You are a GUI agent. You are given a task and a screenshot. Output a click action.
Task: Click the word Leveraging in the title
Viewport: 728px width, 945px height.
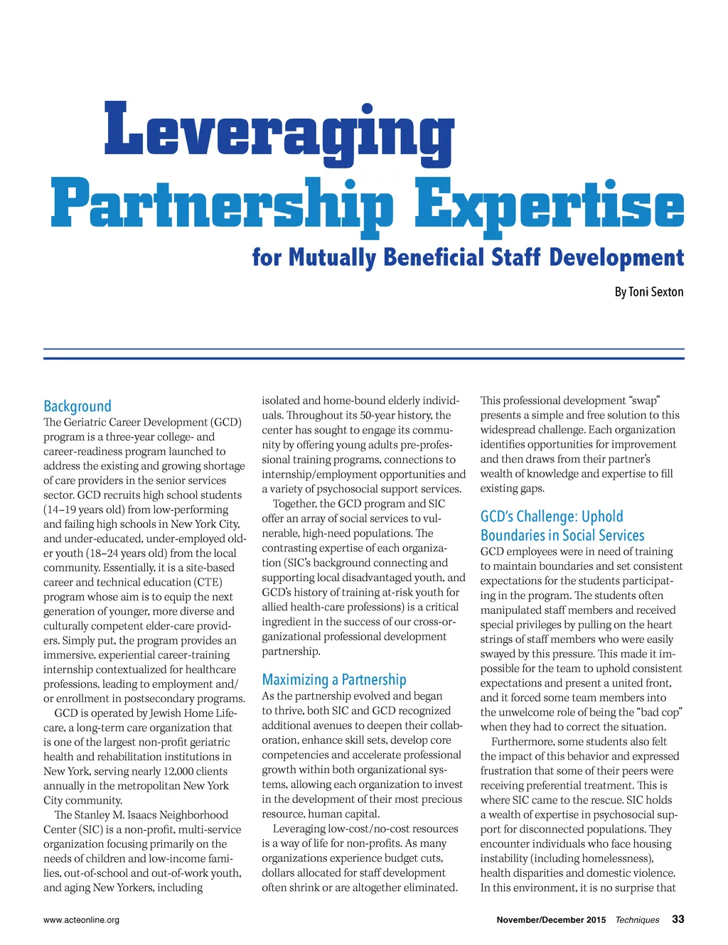pos(279,131)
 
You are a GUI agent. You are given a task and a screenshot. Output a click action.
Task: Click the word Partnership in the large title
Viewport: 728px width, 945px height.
pos(222,204)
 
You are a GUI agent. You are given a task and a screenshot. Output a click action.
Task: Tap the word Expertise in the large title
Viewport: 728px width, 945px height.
pos(549,204)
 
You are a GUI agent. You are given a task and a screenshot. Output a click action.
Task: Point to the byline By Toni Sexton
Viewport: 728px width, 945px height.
pos(648,292)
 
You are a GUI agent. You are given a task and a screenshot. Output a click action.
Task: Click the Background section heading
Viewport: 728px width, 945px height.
pos(77,406)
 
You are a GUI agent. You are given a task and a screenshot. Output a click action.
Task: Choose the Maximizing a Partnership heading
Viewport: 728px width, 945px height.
pos(334,679)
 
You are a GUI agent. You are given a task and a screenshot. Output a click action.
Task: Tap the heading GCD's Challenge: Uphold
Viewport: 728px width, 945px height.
pos(552,517)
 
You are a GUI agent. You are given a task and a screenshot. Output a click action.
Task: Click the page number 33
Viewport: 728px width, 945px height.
pos(678,919)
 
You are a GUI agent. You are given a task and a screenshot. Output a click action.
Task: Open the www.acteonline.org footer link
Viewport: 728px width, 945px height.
pos(81,920)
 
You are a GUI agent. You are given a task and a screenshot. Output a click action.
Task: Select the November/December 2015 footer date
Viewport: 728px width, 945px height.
pos(551,920)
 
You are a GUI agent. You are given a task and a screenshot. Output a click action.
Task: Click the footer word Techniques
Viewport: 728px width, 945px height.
pos(637,920)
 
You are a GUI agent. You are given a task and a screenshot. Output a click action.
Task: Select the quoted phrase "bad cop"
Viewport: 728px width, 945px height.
pos(660,712)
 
